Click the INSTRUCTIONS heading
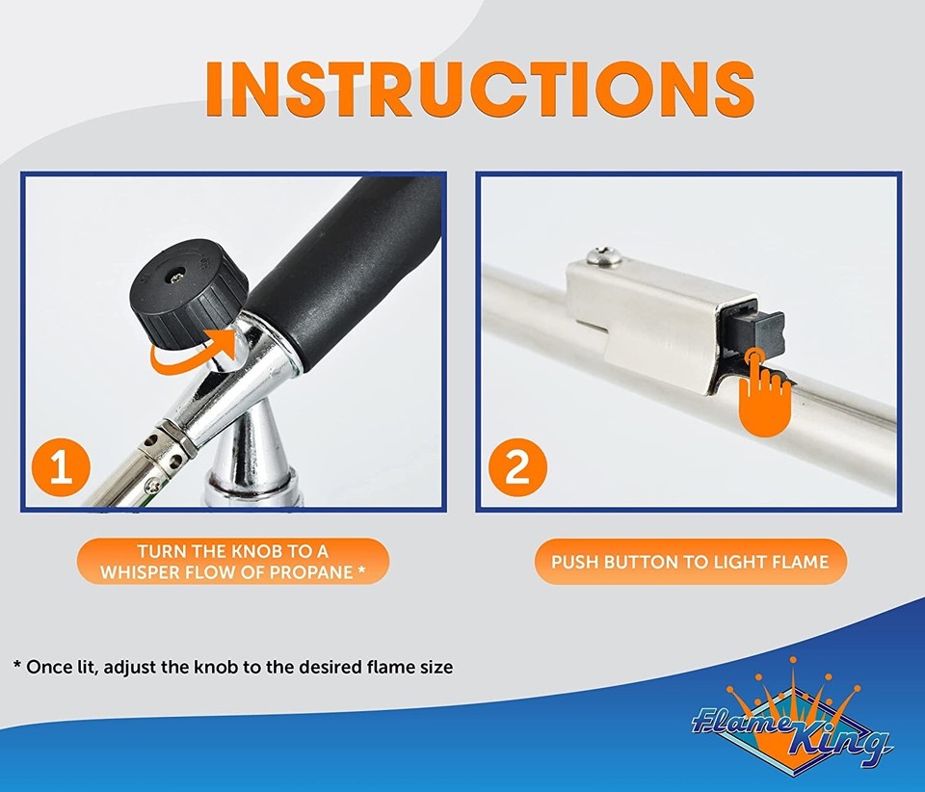(479, 88)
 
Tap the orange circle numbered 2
(516, 468)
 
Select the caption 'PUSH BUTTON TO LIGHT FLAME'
(690, 561)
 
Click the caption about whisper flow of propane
(232, 561)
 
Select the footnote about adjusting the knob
(232, 666)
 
